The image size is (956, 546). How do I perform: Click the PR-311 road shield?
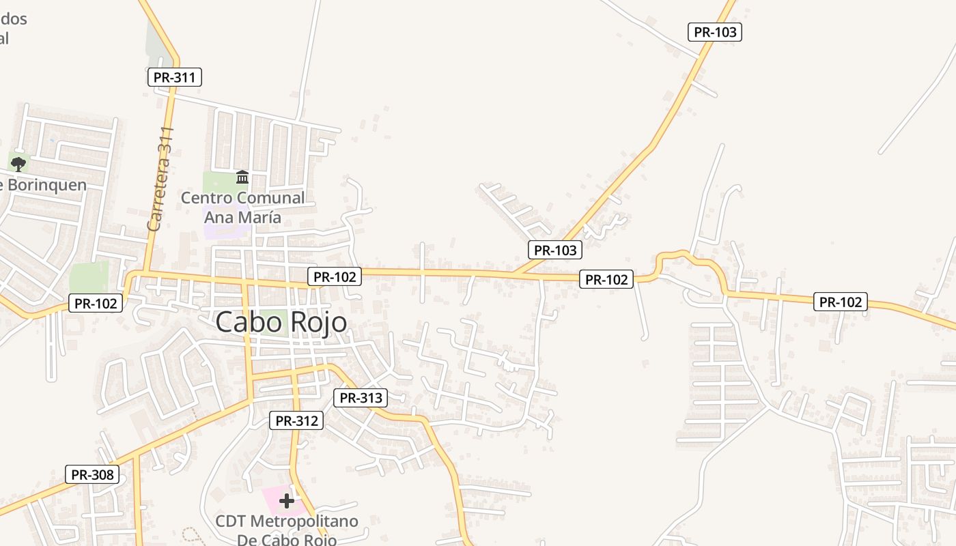click(175, 77)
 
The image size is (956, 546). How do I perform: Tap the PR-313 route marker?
click(361, 398)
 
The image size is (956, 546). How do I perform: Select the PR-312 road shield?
click(296, 420)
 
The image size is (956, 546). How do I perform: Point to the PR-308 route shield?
click(92, 474)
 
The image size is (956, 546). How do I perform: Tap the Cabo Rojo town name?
click(281, 322)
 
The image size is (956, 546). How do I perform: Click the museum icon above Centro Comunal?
click(242, 177)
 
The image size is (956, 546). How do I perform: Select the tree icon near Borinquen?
click(18, 163)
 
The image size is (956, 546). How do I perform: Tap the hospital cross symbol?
click(287, 502)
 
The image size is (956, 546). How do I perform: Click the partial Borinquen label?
click(44, 185)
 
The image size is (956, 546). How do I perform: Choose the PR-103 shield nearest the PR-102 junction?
click(556, 250)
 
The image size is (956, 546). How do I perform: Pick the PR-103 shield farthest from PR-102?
click(714, 31)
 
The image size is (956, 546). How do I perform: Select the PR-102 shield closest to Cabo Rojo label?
click(334, 276)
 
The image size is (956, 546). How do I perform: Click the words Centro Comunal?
click(242, 198)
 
